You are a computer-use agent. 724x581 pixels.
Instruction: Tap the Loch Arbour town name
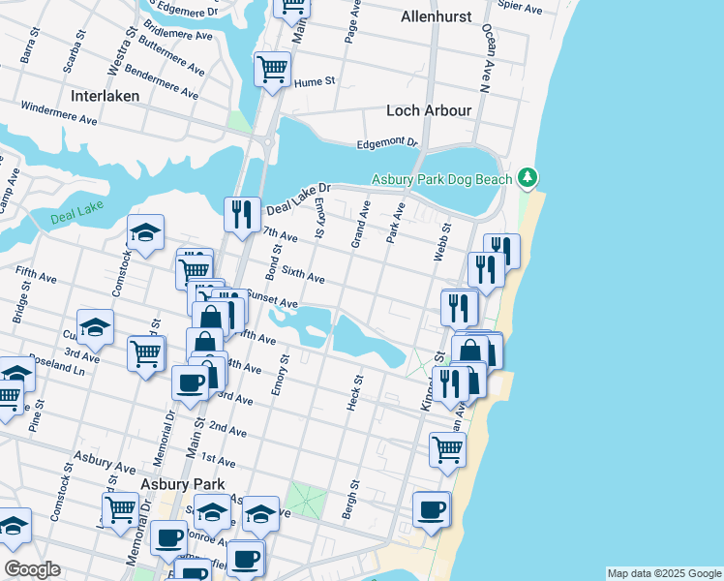tap(429, 110)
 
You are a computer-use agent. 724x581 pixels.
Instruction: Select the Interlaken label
tap(105, 96)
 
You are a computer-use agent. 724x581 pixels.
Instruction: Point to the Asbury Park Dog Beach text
tap(443, 179)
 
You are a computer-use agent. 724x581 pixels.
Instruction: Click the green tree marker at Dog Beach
tap(527, 177)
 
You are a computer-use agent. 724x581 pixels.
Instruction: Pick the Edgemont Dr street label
tap(386, 143)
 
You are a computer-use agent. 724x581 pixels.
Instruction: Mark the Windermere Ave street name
tap(58, 113)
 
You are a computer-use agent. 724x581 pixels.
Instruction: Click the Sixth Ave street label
tap(303, 276)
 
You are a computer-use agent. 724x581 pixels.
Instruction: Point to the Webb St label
tap(444, 238)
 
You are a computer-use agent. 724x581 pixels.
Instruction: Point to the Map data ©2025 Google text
tap(663, 573)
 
